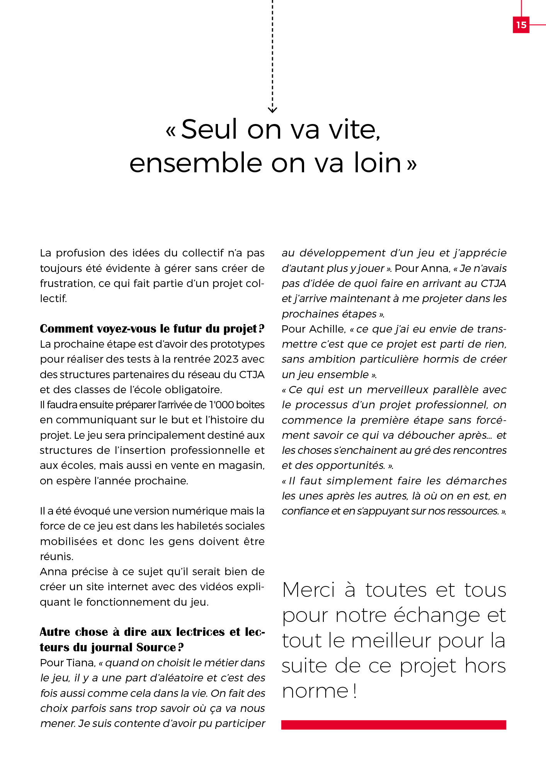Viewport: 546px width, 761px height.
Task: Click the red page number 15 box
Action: click(x=521, y=25)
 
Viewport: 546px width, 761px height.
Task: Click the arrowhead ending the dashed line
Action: click(x=272, y=110)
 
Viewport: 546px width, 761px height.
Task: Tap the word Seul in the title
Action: click(x=209, y=129)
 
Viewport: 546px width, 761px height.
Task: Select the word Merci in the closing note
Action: click(x=309, y=591)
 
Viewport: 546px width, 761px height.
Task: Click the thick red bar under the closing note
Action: click(x=393, y=725)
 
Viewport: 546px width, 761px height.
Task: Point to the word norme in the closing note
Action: click(x=315, y=691)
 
